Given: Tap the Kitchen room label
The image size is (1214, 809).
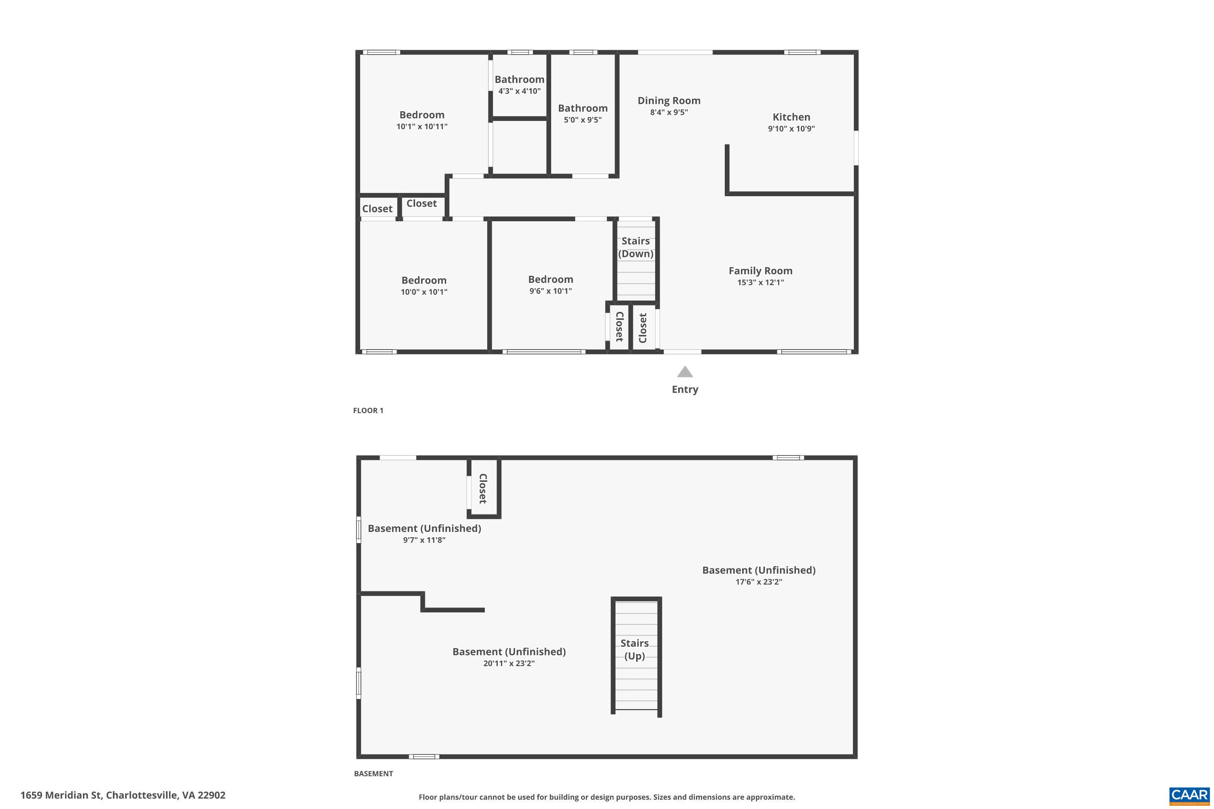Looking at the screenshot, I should [791, 117].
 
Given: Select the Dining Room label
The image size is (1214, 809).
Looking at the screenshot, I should [669, 101].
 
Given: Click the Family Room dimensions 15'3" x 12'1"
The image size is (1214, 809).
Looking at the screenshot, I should [760, 283].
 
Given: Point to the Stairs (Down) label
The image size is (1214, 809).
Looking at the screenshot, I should [635, 247].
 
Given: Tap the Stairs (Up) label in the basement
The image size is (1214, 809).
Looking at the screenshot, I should [635, 649].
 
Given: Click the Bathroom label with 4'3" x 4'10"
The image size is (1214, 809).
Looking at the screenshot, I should [519, 79].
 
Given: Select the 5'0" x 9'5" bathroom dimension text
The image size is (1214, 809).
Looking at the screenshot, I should [582, 120].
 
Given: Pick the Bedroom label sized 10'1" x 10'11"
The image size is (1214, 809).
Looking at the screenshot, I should [422, 115].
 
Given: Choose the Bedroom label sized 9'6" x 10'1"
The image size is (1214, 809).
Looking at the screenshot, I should [550, 279].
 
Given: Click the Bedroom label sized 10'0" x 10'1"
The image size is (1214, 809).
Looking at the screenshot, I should [424, 280].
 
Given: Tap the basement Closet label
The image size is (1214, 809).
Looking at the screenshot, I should [483, 488].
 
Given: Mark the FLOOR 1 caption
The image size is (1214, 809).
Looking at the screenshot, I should [368, 411].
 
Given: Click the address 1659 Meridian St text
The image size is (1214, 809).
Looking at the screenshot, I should [123, 795].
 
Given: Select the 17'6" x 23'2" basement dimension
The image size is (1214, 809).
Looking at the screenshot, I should [758, 582].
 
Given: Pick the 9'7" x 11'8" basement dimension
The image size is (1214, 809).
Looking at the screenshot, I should [424, 540].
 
